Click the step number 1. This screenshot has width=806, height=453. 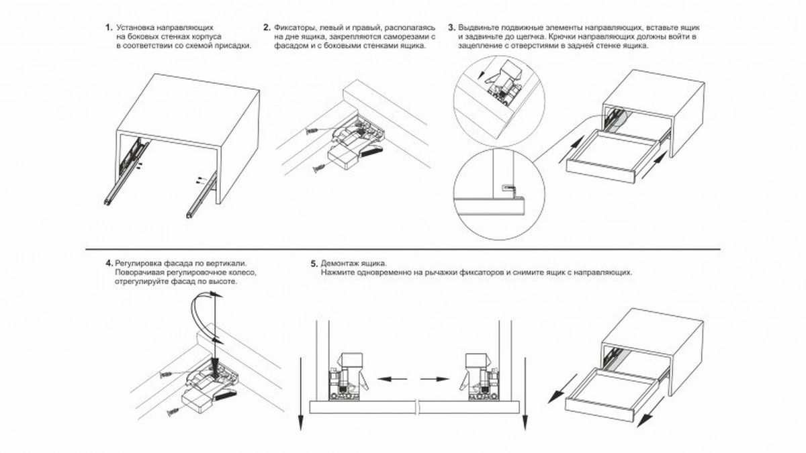[x=107, y=28]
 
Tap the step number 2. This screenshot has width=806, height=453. [x=267, y=28]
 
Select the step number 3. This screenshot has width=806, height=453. [x=452, y=28]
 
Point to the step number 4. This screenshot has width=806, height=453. [x=109, y=262]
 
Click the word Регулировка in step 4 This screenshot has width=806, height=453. [x=138, y=262]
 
